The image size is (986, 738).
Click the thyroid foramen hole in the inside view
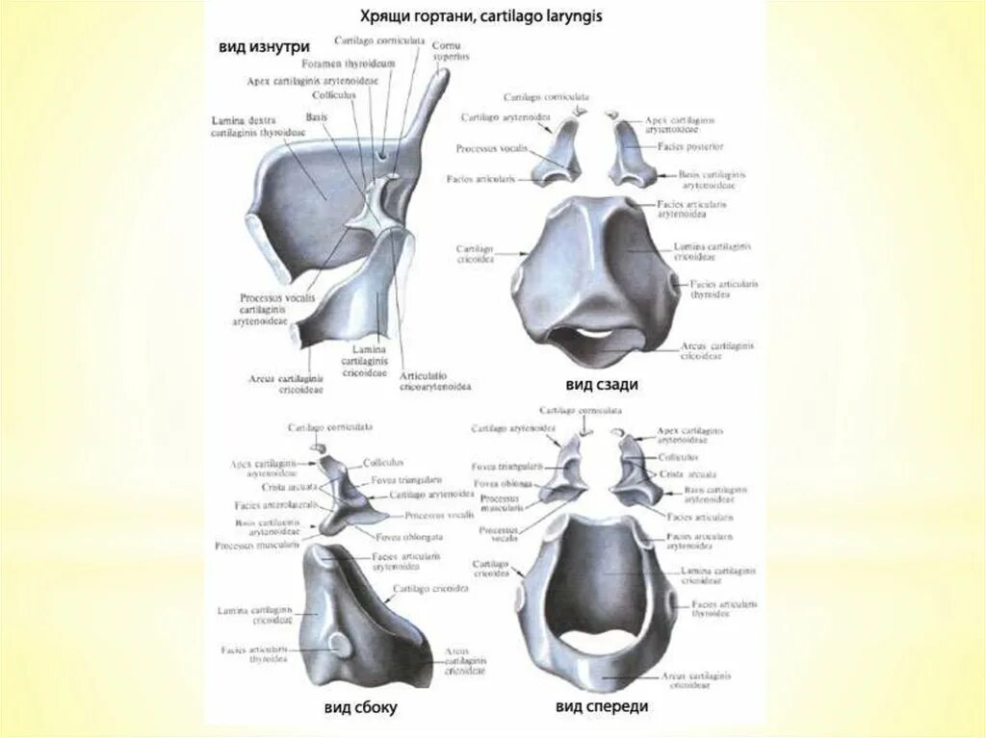pyautogui.click(x=382, y=152)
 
